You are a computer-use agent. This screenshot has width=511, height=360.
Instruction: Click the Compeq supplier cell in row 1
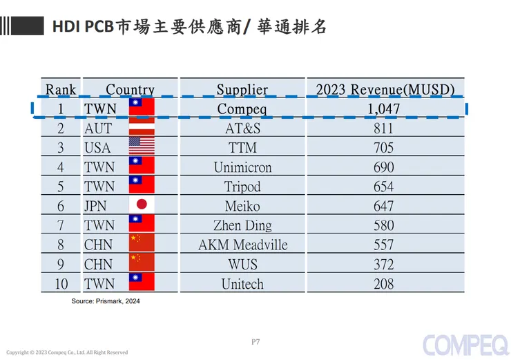coord(242,108)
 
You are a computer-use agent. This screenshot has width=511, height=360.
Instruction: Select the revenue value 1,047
coord(384,108)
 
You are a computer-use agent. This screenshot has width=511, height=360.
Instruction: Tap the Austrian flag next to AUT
coord(142,128)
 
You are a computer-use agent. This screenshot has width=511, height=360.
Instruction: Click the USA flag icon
coord(142,147)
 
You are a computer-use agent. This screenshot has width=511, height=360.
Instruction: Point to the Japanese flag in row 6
coord(142,205)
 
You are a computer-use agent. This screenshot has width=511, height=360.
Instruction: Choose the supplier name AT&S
coord(242,128)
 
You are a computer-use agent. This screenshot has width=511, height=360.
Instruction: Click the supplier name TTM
coord(242,147)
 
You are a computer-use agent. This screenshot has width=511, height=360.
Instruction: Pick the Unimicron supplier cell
coord(242,167)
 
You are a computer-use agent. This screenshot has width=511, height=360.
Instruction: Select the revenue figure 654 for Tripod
coord(383,187)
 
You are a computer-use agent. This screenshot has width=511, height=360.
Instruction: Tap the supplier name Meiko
coord(242,206)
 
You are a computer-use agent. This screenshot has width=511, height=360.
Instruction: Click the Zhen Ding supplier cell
coord(242,225)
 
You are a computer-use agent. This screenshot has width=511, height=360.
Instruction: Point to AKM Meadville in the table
coord(242,245)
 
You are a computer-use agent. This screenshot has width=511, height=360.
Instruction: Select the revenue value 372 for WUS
coord(383,264)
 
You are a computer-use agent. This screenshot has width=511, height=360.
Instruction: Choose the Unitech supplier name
coord(242,283)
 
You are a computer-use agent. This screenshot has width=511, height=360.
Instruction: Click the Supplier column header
coord(242,89)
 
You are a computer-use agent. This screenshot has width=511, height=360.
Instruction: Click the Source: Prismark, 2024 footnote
coord(106,301)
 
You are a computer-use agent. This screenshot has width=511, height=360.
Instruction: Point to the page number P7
coord(255,341)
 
